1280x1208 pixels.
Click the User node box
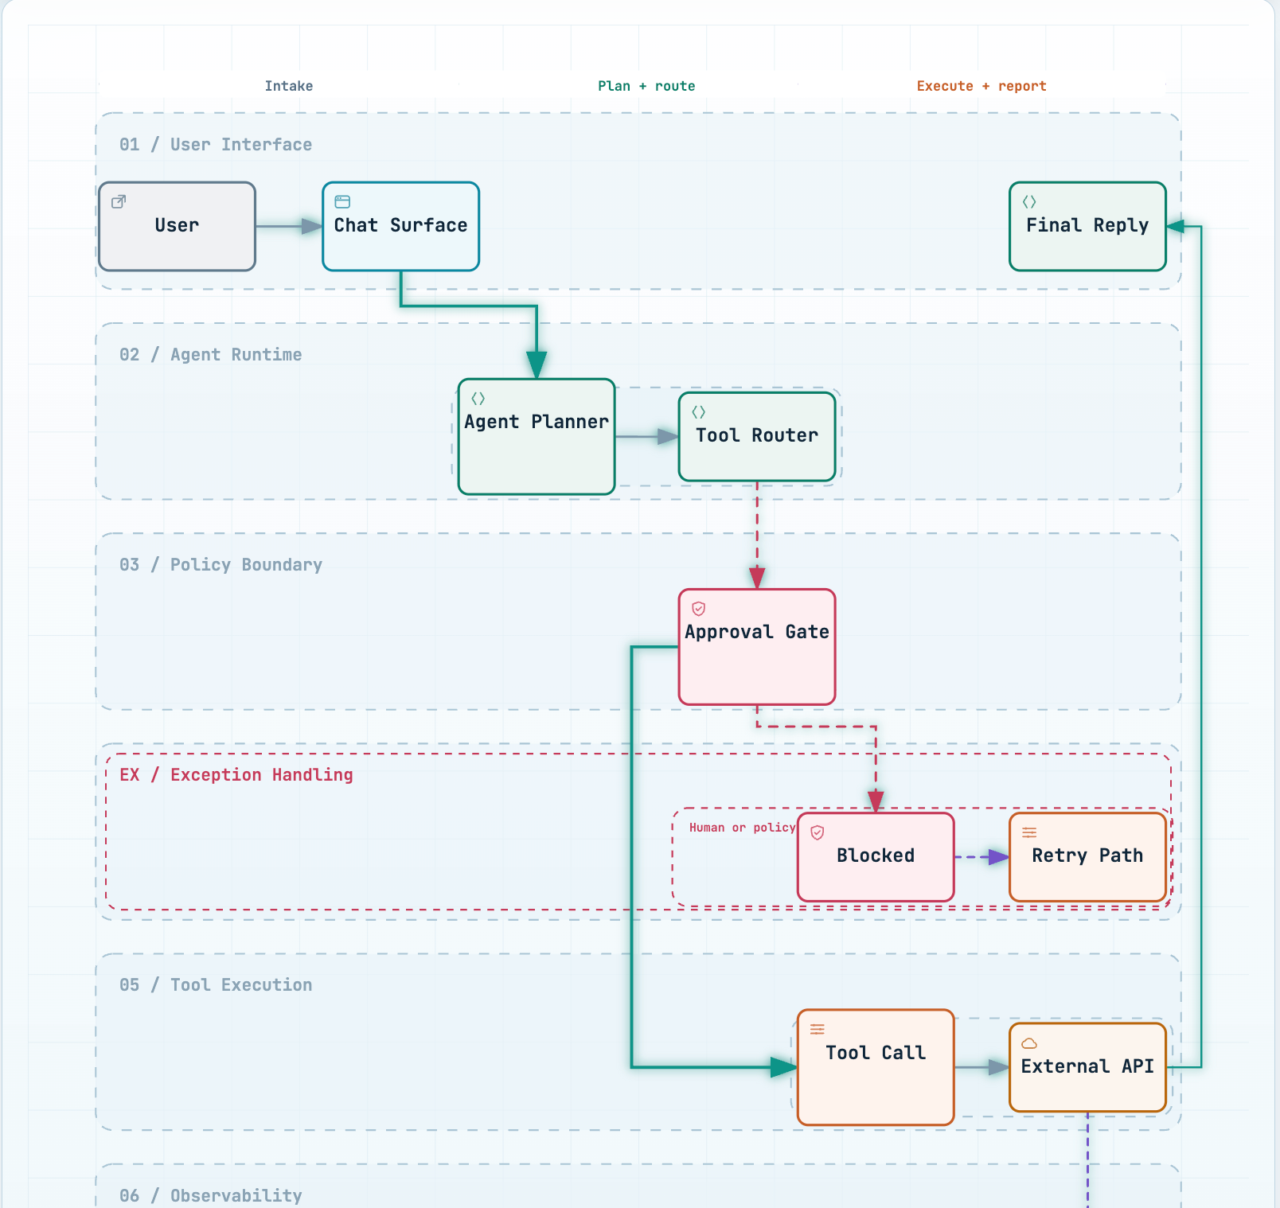tap(177, 227)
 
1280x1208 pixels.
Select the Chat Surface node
tap(400, 227)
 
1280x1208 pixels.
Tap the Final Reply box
tap(1087, 227)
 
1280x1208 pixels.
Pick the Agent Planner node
tap(537, 437)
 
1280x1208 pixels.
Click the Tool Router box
tap(757, 437)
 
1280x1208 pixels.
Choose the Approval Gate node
tap(757, 647)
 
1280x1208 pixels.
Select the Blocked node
tap(876, 857)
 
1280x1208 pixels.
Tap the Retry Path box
tap(1087, 857)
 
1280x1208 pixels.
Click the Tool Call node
tap(876, 1067)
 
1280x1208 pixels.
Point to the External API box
tap(1087, 1067)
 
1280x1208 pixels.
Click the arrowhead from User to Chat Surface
tap(312, 227)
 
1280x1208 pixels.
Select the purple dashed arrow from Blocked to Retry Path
tap(982, 857)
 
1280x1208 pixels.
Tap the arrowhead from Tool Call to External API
tap(999, 1067)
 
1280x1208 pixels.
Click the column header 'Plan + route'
tap(646, 86)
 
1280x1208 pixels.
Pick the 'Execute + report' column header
tap(981, 86)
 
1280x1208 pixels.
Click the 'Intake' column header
tap(289, 86)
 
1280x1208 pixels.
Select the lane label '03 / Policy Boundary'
tap(220, 565)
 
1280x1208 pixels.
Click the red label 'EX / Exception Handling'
tap(236, 775)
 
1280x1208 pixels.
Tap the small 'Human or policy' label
tap(742, 828)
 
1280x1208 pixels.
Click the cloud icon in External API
tap(1029, 1043)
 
